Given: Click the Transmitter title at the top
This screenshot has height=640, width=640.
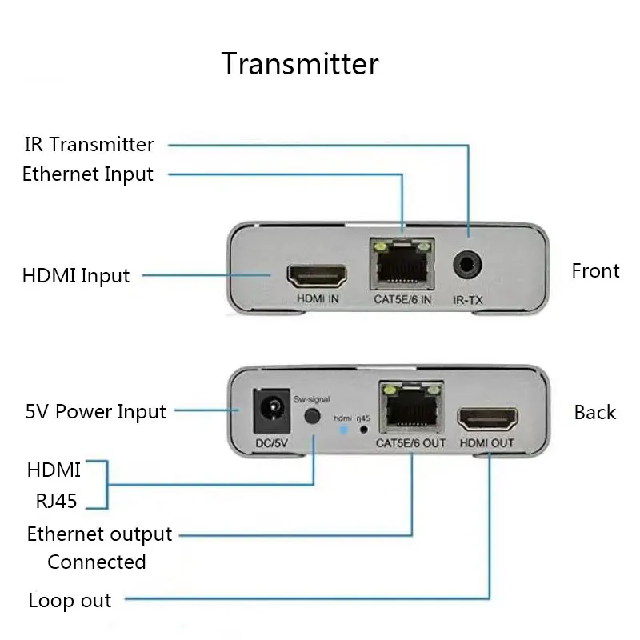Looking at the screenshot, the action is [300, 64].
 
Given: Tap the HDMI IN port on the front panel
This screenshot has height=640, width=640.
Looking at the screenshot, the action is [317, 275].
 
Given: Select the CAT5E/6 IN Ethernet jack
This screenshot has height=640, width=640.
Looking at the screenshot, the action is [402, 264].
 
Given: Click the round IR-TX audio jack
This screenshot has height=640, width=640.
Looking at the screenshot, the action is [467, 265].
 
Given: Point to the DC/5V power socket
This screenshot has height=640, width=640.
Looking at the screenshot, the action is [272, 411].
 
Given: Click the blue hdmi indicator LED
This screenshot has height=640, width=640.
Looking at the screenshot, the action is [344, 430].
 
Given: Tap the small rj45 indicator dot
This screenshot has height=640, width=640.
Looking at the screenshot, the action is [364, 430].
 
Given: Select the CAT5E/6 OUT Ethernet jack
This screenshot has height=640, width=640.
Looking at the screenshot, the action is [411, 407].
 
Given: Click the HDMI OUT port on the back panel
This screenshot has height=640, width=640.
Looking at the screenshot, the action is [487, 419].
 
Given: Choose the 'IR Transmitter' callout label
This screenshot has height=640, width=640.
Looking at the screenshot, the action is [89, 145].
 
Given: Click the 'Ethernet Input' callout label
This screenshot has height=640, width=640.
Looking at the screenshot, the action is [88, 174].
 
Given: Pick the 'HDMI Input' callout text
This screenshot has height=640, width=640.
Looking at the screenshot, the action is [76, 275].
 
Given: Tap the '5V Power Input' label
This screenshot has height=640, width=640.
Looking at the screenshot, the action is [96, 411].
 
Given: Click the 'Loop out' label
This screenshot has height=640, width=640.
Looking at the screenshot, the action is [70, 601].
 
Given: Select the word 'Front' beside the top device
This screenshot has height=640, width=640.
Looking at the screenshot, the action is [595, 271].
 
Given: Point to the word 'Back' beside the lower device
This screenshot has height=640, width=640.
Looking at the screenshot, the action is [595, 412].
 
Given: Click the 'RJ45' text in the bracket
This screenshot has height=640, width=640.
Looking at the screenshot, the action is [56, 501].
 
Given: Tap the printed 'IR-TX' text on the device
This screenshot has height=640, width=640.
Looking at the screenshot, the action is [468, 300].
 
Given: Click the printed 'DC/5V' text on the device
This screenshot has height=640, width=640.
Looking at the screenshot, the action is [271, 443].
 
